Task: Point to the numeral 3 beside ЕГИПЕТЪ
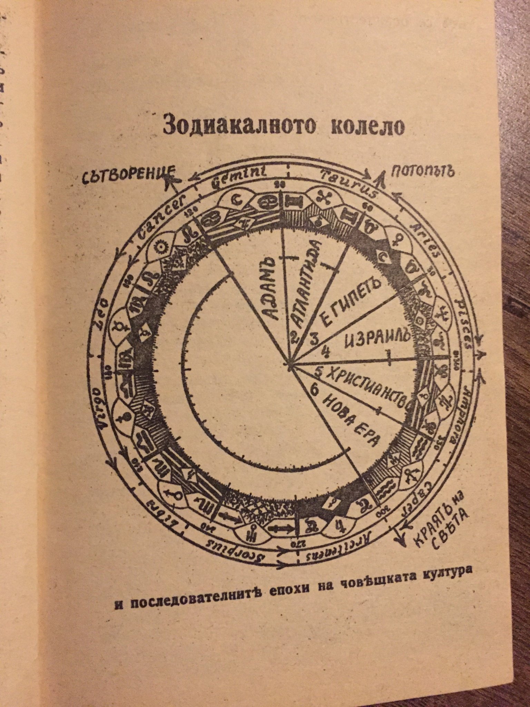click(314, 338)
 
